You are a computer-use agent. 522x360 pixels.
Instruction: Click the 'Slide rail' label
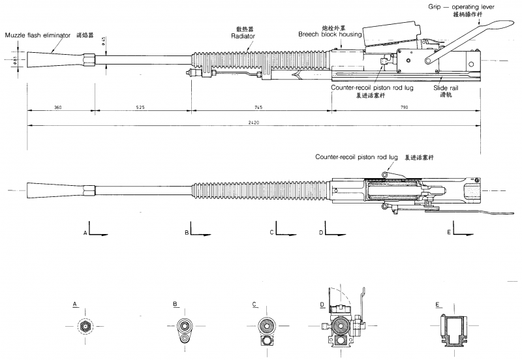tap(446, 86)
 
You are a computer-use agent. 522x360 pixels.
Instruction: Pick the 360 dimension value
tap(57, 106)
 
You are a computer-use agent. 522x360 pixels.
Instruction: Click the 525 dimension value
tap(142, 106)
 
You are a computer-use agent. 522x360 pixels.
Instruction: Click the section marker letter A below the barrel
tap(85, 232)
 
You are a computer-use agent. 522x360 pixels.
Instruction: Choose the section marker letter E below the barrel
tap(448, 232)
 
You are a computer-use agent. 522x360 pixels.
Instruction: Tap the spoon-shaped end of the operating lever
tap(497, 25)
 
